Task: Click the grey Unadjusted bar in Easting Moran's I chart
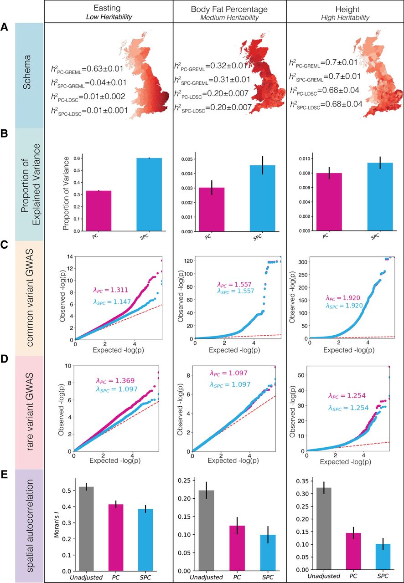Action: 86,529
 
